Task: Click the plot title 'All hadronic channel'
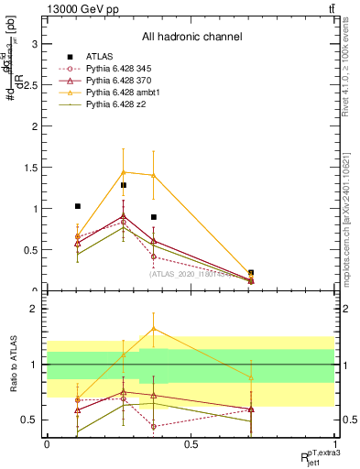(x=191, y=38)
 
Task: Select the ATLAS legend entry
(x=100, y=55)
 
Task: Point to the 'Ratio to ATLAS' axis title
(x=12, y=365)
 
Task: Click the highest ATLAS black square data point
(x=124, y=185)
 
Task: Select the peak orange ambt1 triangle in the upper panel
(x=124, y=172)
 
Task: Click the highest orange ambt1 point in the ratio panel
(x=153, y=329)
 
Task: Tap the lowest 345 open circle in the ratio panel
(x=153, y=426)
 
